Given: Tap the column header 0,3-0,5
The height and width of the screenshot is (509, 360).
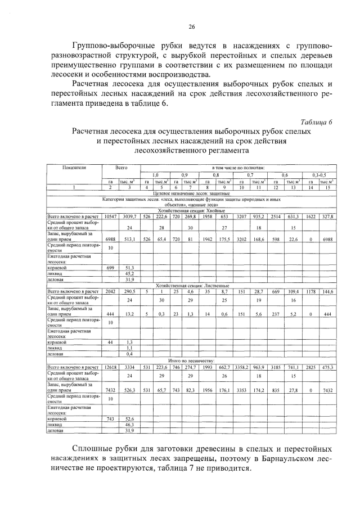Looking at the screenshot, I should (319, 175).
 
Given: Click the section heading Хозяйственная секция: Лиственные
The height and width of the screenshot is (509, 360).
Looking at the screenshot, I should (191, 286).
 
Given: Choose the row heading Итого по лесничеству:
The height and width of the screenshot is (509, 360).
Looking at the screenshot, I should (191, 360).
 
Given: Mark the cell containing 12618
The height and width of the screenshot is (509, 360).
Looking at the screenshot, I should (110, 366).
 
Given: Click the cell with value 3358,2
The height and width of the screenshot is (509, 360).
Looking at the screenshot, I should (242, 366).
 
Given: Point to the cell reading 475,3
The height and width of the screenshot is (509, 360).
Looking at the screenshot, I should (327, 366).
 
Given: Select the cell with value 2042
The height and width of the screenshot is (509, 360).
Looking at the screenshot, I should (110, 291).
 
